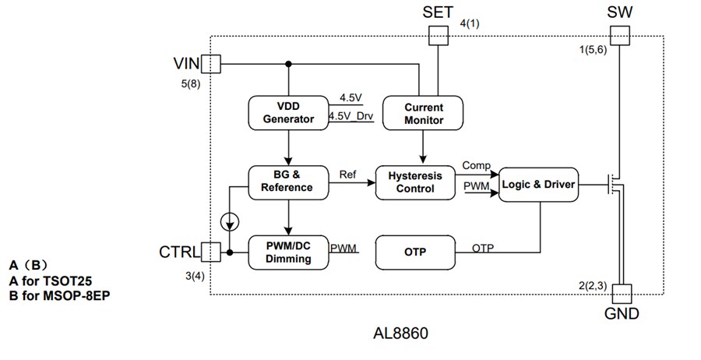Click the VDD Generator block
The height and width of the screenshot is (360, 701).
pos(288,113)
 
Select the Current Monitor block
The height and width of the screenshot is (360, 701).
pos(423,113)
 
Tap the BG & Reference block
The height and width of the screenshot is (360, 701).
pos(288,182)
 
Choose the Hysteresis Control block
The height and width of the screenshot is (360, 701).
pos(414,182)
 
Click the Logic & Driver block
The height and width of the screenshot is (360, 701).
pos(539,184)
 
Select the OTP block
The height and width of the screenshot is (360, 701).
pos(414,252)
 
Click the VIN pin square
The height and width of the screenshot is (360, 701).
pos(211,63)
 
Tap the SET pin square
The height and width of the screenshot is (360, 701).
pos(439,35)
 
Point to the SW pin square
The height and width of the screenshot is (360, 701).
pos(619,35)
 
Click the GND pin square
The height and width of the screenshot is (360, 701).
pos(622,294)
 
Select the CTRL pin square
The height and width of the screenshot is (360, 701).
pos(210,252)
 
